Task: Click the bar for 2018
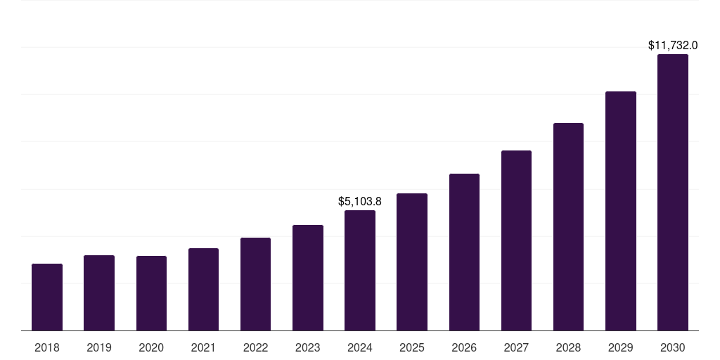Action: coord(47,297)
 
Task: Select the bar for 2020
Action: coord(151,293)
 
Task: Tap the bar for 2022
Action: coord(255,284)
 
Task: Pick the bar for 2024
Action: coord(360,270)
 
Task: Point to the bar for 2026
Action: coord(464,252)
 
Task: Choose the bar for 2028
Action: coord(568,226)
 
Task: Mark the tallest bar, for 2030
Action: coord(673,192)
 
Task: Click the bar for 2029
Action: coord(621,211)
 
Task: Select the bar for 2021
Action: coord(203,289)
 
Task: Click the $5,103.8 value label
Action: coord(360,202)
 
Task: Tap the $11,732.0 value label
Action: coord(673,46)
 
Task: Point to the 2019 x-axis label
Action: coord(99,347)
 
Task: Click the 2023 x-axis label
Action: coord(308,347)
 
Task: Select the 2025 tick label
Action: coord(412,347)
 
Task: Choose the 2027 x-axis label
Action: coord(516,347)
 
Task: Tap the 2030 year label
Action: coord(673,347)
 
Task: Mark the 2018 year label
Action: coord(47,347)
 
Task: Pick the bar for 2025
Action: coord(412,262)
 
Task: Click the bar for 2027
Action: coord(516,240)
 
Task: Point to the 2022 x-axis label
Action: coord(255,347)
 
